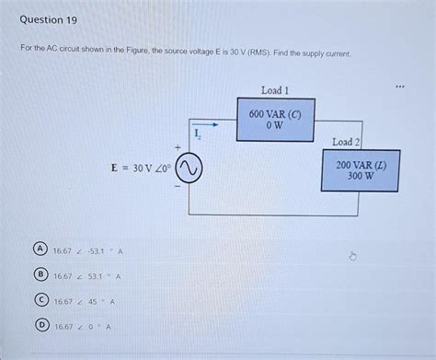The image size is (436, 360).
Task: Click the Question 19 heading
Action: (48, 18)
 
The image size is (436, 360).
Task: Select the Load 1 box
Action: (275, 120)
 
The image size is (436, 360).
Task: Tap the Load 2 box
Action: (361, 170)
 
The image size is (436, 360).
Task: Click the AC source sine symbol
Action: (189, 168)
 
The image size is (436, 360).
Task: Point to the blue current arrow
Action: (205, 124)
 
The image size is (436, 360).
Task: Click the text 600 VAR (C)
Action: (275, 114)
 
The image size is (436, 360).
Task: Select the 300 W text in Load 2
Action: (361, 177)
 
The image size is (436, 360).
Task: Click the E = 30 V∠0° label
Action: (136, 168)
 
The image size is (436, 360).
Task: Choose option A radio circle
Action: (40, 250)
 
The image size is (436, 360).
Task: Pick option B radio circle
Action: (40, 275)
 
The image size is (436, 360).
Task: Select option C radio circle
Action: (40, 300)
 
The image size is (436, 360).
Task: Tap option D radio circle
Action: (40, 325)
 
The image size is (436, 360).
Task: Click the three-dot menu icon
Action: (399, 89)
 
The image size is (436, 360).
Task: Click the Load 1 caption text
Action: (275, 91)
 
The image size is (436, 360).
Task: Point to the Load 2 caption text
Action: (347, 143)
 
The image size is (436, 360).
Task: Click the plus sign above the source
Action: (177, 146)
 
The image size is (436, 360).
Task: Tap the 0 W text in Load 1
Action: (275, 126)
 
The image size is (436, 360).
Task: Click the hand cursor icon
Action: (351, 256)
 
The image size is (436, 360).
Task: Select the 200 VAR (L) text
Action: (361, 165)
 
